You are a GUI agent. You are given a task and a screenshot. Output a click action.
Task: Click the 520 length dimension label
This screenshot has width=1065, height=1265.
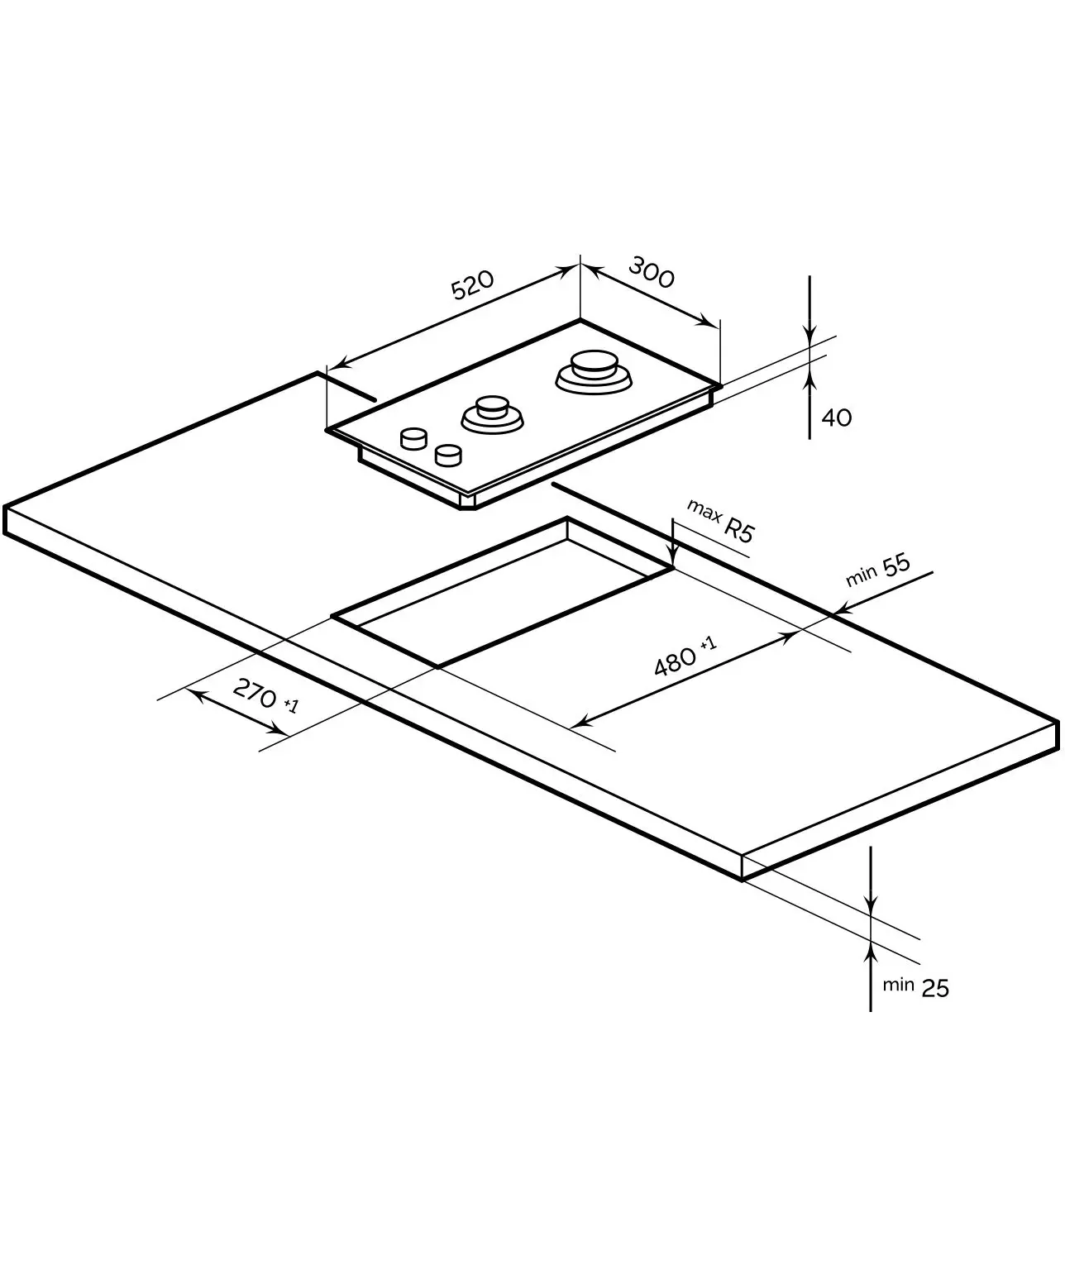[x=472, y=284]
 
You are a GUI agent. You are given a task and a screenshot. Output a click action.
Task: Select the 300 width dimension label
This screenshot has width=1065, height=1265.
[x=652, y=272]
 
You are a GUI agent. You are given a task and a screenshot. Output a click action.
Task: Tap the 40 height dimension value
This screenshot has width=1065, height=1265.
[x=837, y=418]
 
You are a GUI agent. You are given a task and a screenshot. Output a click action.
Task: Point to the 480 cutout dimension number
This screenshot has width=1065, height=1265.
[x=675, y=661]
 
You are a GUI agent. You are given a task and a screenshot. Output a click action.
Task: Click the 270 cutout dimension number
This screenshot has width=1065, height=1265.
[x=255, y=693]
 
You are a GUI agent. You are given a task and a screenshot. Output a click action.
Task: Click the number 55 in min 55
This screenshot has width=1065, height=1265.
[x=896, y=566]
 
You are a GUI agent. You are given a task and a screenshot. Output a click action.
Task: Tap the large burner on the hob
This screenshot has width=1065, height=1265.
[x=594, y=372]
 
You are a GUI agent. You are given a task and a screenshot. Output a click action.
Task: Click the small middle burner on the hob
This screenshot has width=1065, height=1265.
[x=492, y=414]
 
